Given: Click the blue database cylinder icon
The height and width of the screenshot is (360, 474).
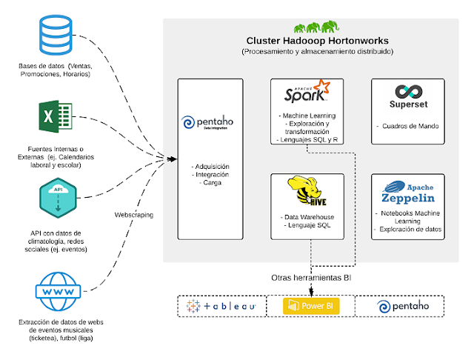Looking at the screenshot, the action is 56,35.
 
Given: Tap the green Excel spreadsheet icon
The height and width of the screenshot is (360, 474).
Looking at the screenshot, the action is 56,116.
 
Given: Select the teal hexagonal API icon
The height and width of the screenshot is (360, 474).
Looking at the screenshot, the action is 58,198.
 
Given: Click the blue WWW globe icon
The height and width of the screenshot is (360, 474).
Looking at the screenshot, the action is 58,291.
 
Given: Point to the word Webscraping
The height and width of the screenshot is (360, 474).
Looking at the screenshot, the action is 134,215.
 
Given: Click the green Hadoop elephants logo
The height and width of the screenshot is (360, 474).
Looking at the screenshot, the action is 316,27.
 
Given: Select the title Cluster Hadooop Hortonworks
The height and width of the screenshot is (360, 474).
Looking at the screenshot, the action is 318,41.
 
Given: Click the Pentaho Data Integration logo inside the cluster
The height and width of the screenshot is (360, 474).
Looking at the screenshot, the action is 207,122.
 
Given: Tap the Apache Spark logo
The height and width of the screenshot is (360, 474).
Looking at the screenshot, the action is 307,91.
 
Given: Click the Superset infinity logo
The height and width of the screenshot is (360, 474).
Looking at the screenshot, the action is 409,92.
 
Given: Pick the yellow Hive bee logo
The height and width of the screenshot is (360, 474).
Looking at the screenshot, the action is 307,191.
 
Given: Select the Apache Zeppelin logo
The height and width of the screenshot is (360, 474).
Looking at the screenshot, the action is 408,193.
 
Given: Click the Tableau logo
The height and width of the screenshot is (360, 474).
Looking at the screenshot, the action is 221,306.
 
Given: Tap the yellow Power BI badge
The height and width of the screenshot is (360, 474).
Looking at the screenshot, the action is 311,306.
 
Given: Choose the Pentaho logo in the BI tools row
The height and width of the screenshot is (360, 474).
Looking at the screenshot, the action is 403,307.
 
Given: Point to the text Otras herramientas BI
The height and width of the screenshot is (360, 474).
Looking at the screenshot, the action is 311,278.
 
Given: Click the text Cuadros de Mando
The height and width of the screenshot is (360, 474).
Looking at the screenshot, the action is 410,126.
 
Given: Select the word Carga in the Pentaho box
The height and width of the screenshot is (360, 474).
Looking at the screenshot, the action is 213,182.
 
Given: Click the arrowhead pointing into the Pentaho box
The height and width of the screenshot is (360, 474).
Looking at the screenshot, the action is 173,159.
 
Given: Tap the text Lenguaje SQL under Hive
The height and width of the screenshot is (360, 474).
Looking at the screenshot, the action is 310,225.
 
